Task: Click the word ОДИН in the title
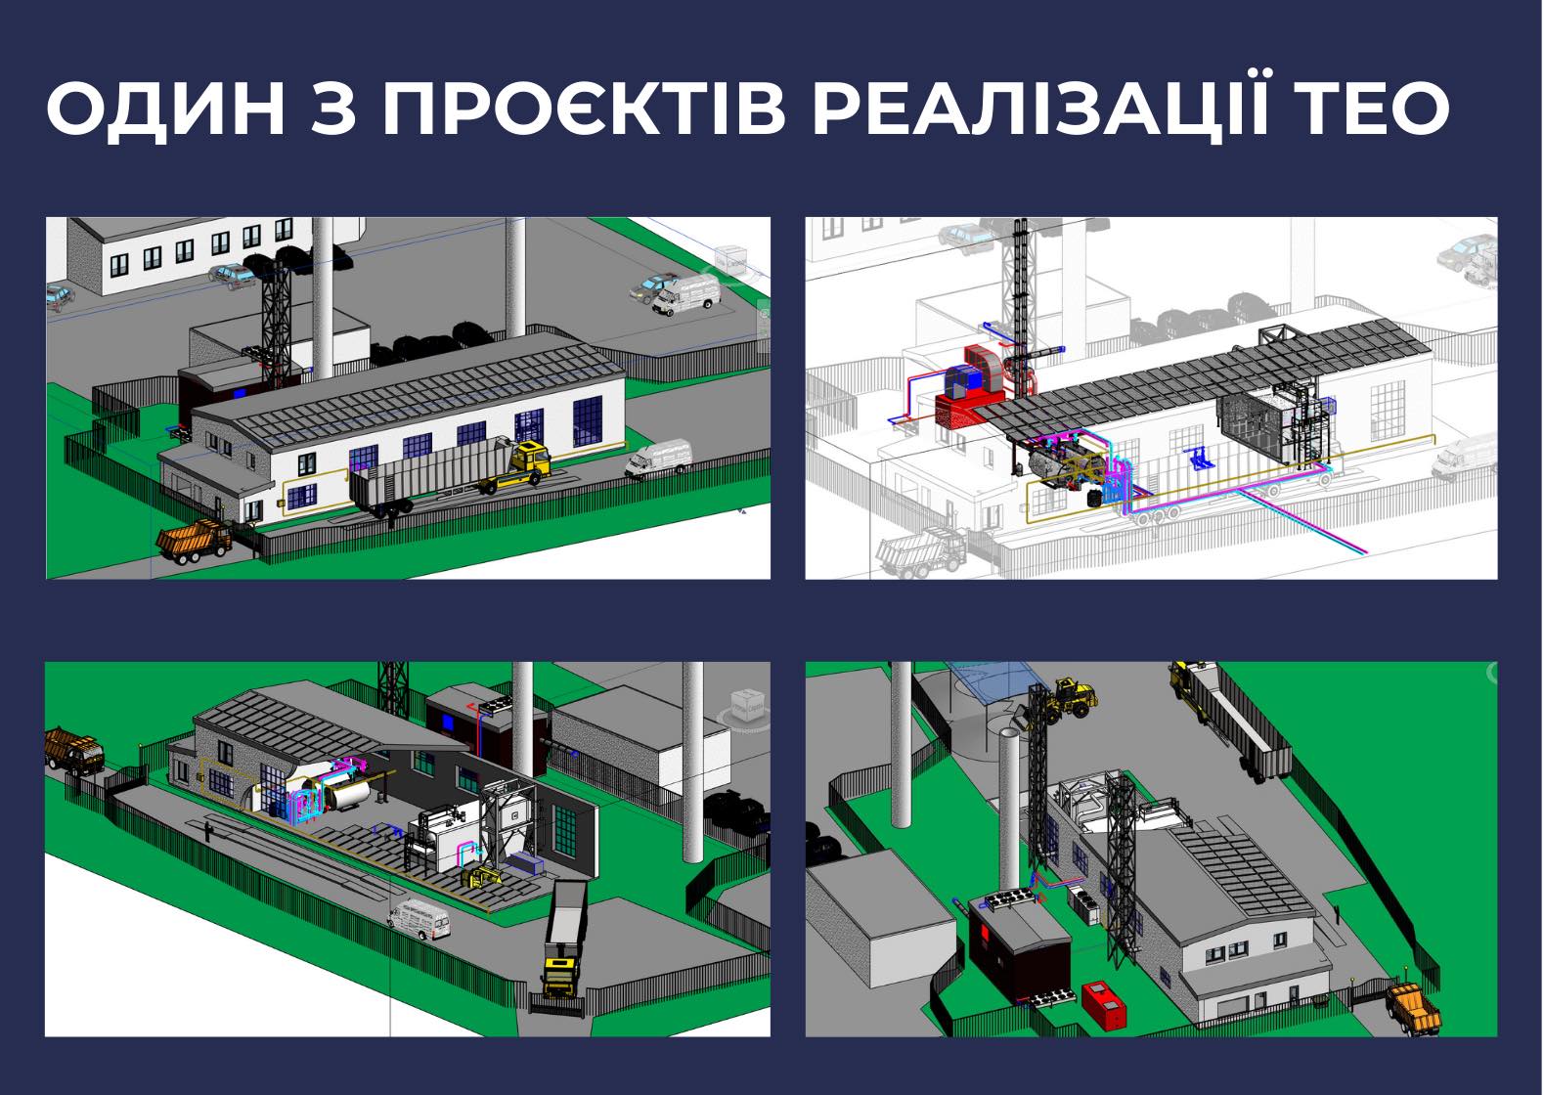(x=165, y=109)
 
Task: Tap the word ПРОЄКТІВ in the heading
(x=584, y=109)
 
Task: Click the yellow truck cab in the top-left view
(x=530, y=460)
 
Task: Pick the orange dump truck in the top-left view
(x=195, y=541)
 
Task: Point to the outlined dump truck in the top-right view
(x=920, y=551)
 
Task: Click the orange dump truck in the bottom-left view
(x=73, y=750)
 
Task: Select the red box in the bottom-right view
(x=1104, y=1005)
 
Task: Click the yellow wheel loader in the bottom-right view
(x=1065, y=700)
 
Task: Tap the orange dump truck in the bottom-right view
(x=1413, y=1010)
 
